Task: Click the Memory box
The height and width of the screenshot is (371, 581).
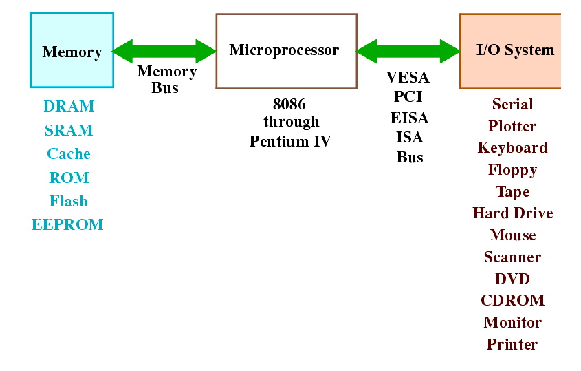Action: pos(72,50)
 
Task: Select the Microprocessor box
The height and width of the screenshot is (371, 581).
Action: pos(287,51)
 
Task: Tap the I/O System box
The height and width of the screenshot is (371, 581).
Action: pos(510,51)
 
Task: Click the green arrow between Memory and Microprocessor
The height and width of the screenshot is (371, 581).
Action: pos(164,51)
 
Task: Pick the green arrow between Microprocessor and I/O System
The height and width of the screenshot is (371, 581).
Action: pos(408,51)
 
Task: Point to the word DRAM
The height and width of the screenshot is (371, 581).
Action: pos(69,106)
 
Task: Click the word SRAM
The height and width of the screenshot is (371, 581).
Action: pos(69,130)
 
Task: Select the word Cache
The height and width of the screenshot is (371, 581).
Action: pos(69,153)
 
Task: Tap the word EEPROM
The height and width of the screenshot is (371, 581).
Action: pos(67,224)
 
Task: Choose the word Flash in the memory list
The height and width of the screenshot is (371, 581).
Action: pos(69,201)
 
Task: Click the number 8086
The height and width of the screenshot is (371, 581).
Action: pos(289,104)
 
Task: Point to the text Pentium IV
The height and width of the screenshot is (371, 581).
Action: pos(290,141)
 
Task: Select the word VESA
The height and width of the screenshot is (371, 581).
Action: pos(408,77)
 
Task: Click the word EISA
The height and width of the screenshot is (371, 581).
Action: pos(409,118)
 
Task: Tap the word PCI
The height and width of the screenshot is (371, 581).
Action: pos(408,96)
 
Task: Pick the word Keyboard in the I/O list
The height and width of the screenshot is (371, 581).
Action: pos(512,148)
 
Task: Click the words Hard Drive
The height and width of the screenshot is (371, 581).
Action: pos(513,213)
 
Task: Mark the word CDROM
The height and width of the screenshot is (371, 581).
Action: pos(513,300)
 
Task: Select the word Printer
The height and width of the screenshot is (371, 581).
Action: pos(512,344)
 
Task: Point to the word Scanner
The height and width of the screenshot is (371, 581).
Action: pos(512,257)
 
